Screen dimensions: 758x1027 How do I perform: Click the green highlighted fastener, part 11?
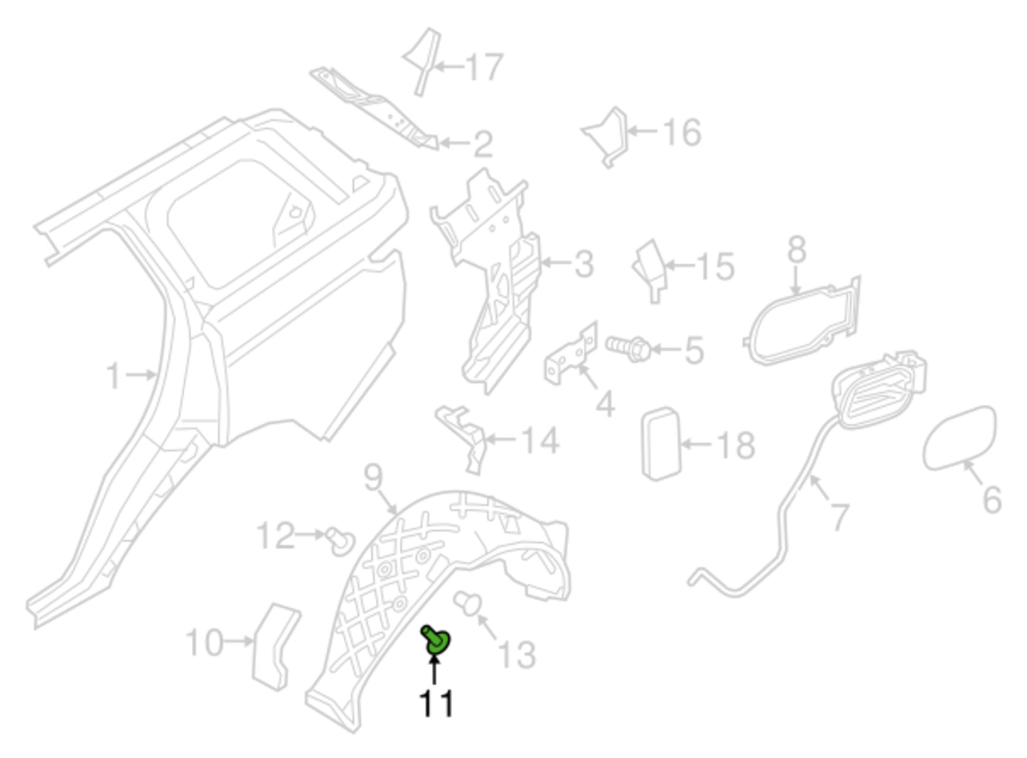click(x=435, y=641)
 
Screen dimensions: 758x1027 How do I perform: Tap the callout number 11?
click(x=436, y=703)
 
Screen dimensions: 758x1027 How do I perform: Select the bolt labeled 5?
click(x=628, y=347)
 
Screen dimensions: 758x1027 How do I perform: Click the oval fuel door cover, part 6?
click(x=959, y=438)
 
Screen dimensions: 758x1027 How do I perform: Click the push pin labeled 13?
click(x=468, y=602)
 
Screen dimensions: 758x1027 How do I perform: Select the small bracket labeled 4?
click(x=571, y=356)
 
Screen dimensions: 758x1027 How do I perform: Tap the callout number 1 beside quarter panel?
click(x=114, y=375)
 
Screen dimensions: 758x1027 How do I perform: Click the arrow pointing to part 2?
click(x=455, y=143)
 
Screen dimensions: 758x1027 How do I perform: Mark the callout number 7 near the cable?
click(x=839, y=516)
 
